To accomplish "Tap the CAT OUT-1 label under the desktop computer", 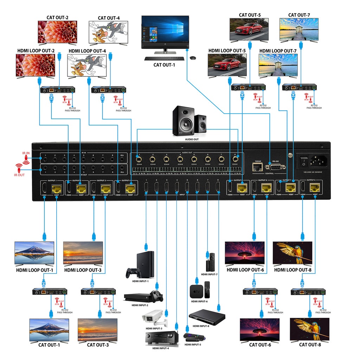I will click(164, 65).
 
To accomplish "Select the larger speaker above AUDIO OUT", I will click(183, 121).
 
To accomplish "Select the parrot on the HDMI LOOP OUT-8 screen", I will click(294, 252).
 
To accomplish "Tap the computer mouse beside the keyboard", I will click(193, 57).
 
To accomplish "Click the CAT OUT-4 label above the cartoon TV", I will click(109, 18).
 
